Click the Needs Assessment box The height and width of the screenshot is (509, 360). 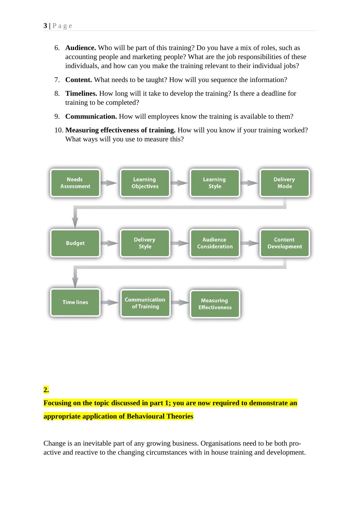pyautogui.click(x=75, y=183)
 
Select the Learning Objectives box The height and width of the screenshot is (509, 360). pyautogui.click(x=145, y=183)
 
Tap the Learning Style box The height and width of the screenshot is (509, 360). pyautogui.click(x=215, y=183)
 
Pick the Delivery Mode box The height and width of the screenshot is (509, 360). pyautogui.click(x=284, y=183)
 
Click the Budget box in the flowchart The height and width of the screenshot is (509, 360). pyautogui.click(x=75, y=243)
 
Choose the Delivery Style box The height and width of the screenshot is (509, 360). pyautogui.click(x=145, y=243)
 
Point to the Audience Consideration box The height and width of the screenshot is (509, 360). pyautogui.click(x=215, y=243)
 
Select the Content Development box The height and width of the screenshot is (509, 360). pyautogui.click(x=284, y=243)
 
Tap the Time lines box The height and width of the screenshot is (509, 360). pyautogui.click(x=75, y=302)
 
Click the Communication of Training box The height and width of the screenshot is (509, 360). pyautogui.click(x=145, y=303)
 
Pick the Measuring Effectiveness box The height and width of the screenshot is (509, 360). pyautogui.click(x=215, y=304)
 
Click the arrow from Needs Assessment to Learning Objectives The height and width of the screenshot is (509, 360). pyautogui.click(x=109, y=183)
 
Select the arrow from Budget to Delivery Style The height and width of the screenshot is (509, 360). pyautogui.click(x=109, y=243)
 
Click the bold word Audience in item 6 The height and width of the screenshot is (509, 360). pyautogui.click(x=80, y=48)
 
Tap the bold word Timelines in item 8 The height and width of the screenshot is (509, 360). pyautogui.click(x=81, y=94)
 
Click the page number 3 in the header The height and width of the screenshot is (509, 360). pyautogui.click(x=45, y=26)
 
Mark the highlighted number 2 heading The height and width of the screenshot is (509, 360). pyautogui.click(x=46, y=390)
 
